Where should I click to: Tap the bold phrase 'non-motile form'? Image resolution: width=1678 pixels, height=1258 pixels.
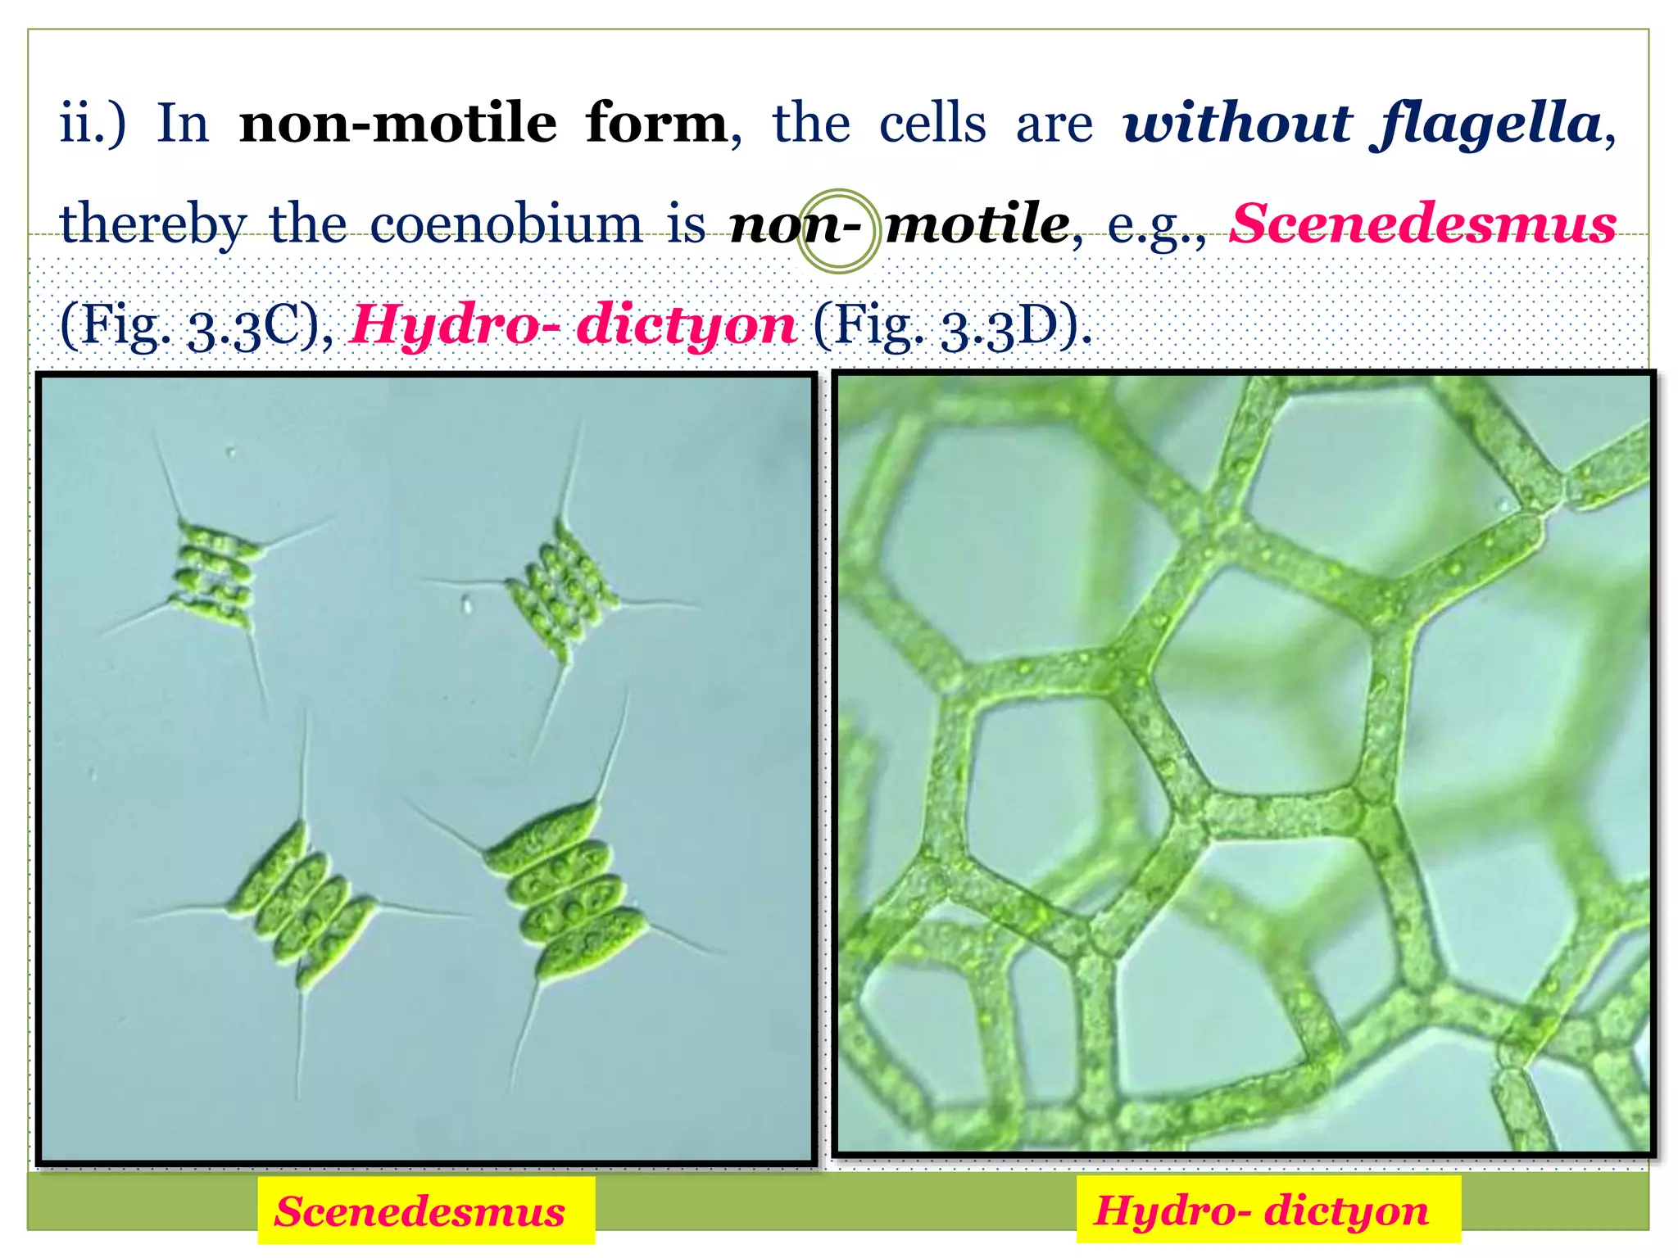tap(483, 124)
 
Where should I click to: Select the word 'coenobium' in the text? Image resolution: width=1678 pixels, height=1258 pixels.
tap(506, 224)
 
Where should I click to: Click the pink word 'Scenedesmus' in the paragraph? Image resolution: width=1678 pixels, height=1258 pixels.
tap(1424, 224)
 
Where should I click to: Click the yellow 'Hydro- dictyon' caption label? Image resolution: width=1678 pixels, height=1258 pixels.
tap(1262, 1211)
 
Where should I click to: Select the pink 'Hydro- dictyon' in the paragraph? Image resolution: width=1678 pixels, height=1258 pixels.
tap(573, 325)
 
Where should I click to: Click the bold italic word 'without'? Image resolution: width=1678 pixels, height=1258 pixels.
tap(1237, 124)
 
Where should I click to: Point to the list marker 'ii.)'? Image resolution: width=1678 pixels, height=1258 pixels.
tap(93, 124)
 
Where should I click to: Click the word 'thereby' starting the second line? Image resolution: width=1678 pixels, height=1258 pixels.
tap(153, 224)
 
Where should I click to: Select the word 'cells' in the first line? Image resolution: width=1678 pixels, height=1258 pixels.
tap(932, 124)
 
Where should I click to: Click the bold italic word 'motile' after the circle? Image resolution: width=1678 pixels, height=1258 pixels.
tap(977, 224)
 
